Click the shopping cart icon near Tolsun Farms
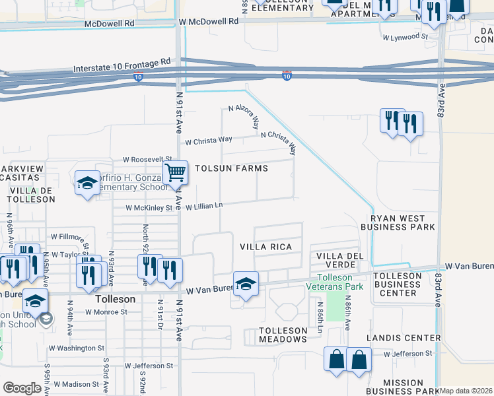pyautogui.click(x=175, y=173)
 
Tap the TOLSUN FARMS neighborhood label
pyautogui.click(x=230, y=168)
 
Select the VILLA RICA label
pyautogui.click(x=267, y=246)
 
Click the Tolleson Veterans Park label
pyautogui.click(x=340, y=282)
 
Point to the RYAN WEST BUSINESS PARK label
pyautogui.click(x=402, y=222)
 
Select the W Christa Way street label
pyautogui.click(x=209, y=140)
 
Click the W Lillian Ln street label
pyautogui.click(x=203, y=207)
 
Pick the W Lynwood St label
pyautogui.click(x=405, y=37)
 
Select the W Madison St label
pyautogui.click(x=76, y=383)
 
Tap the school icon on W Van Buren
pyautogui.click(x=246, y=284)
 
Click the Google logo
pyautogui.click(x=22, y=388)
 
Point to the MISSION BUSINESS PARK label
pyautogui.click(x=403, y=387)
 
